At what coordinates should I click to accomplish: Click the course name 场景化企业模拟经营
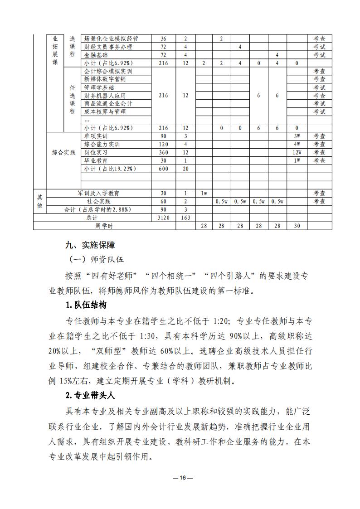tap(111, 39)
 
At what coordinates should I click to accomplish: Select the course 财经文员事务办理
tap(108, 47)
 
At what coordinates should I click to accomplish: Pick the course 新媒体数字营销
tap(105, 79)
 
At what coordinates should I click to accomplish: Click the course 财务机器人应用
tap(105, 96)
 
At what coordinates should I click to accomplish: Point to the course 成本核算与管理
tap(105, 111)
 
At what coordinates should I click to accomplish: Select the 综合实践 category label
tap(63, 152)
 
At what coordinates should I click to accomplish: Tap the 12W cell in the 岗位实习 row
tap(297, 153)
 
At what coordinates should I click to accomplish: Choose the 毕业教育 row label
tap(96, 161)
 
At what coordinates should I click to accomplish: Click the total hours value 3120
tap(163, 218)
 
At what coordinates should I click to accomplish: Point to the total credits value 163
tap(185, 218)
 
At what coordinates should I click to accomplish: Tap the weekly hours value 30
tap(297, 226)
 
